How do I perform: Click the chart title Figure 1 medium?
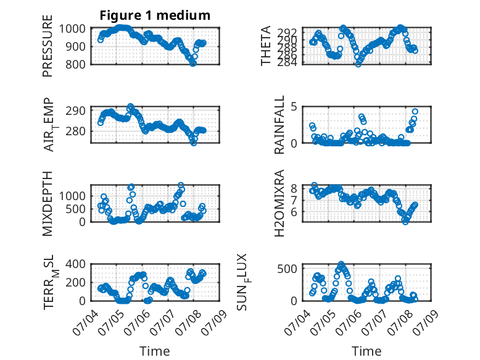pos(155,15)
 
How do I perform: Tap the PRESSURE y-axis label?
pos(48,46)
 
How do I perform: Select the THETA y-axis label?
pos(266,46)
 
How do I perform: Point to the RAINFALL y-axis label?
pos(279,124)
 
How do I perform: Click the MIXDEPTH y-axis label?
pos(48,203)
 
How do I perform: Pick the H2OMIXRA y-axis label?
pos(279,203)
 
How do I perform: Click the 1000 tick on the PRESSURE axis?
pos(72,29)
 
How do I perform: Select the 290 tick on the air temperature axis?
pos(75,111)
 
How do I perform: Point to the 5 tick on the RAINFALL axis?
pos(294,107)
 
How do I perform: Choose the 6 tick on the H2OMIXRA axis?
pos(294,212)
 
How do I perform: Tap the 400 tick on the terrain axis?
pos(75,264)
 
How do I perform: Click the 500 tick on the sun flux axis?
pos(287,269)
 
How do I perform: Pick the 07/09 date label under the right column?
pos(427,322)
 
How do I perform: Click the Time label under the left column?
pos(155,351)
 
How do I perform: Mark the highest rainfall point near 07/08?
pos(415,112)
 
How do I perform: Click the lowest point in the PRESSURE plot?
pos(192,64)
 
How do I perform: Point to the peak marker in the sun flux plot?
pos(341,264)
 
